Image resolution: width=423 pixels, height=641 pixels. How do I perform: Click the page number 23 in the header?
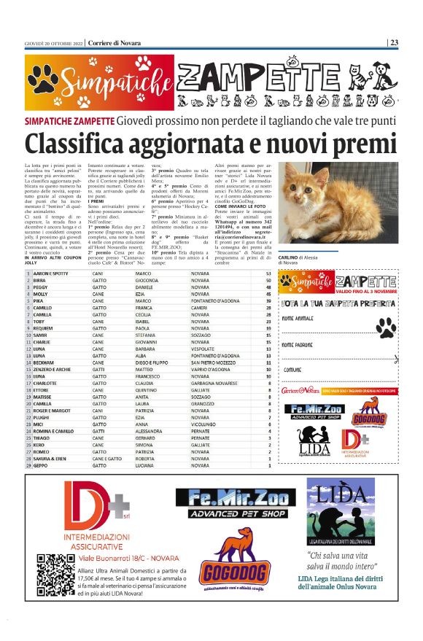pos(394,42)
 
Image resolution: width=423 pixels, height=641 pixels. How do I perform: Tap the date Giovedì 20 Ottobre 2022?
pos(53,42)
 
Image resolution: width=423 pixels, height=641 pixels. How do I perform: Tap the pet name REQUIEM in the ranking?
pos(44,328)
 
